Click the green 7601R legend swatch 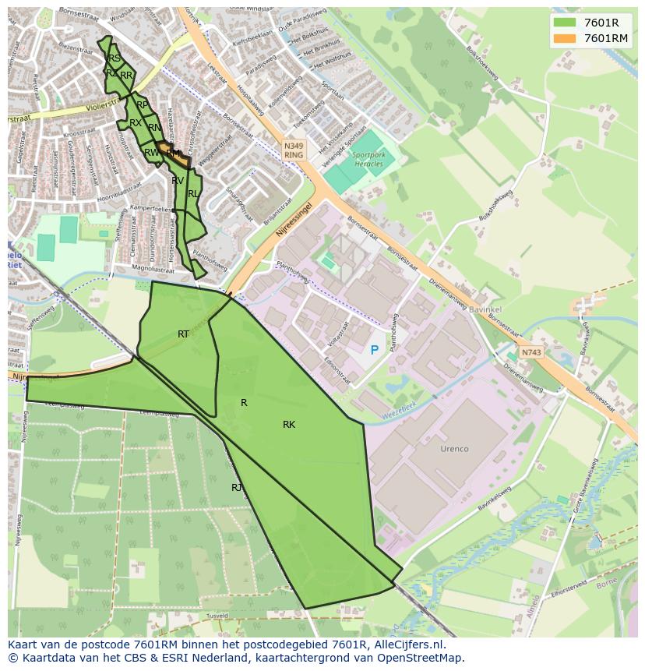click(x=565, y=23)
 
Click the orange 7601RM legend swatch click(x=565, y=38)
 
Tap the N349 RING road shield click(x=293, y=150)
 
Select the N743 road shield click(x=530, y=352)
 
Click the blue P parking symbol click(x=374, y=351)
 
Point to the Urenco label click(x=454, y=449)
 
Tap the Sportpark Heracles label click(x=369, y=160)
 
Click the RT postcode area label click(x=183, y=334)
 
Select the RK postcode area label click(x=289, y=425)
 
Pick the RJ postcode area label click(x=237, y=488)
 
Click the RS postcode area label click(x=115, y=58)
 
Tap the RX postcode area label click(x=136, y=123)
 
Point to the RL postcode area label click(x=192, y=193)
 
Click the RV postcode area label click(x=178, y=181)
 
